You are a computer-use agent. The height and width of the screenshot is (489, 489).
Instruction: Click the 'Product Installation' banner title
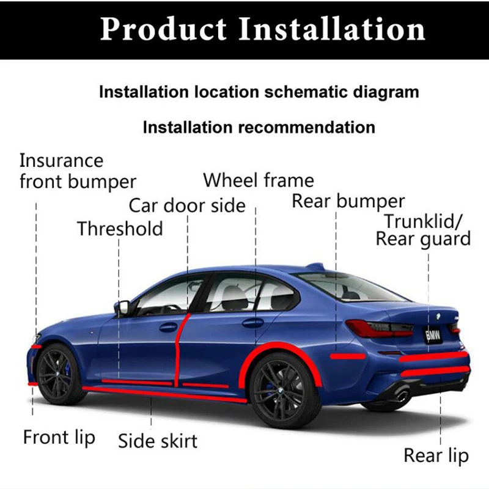pyautogui.click(x=262, y=29)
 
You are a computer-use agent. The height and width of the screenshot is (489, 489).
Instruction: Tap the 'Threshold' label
pyautogui.click(x=120, y=229)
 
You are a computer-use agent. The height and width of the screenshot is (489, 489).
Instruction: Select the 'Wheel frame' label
pyautogui.click(x=258, y=180)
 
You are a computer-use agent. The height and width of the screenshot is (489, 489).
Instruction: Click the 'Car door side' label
pyautogui.click(x=186, y=205)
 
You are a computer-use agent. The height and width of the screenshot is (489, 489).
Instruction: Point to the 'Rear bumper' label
pyautogui.click(x=348, y=201)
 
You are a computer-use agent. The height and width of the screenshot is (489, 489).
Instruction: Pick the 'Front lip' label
pyautogui.click(x=59, y=437)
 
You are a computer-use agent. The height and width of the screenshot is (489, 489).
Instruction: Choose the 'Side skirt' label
pyautogui.click(x=158, y=440)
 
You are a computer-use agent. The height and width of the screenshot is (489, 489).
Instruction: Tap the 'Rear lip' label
pyautogui.click(x=436, y=455)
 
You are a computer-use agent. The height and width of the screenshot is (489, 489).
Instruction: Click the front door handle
pyautogui.click(x=168, y=327)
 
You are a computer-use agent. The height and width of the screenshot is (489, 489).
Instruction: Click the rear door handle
pyautogui.click(x=252, y=322)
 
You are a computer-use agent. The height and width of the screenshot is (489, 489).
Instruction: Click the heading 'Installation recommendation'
pyautogui.click(x=259, y=127)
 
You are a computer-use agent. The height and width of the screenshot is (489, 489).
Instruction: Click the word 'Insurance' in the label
pyautogui.click(x=61, y=161)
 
